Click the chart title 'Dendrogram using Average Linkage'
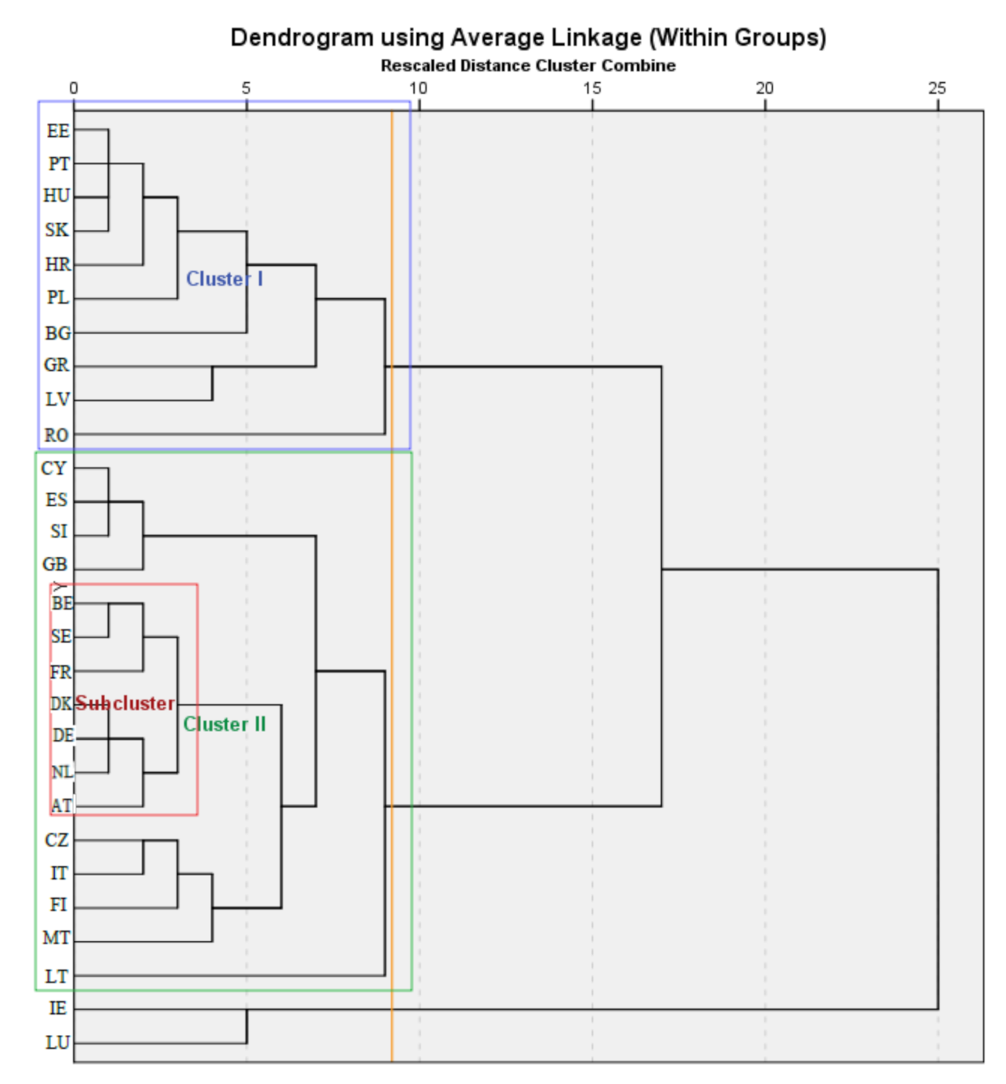[528, 37]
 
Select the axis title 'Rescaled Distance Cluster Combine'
[528, 66]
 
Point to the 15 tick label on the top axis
[592, 88]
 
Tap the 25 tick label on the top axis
[937, 88]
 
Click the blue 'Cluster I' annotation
[224, 279]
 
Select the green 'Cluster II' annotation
[224, 724]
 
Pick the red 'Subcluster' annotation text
[125, 703]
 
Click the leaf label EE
[58, 131]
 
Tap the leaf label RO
[56, 435]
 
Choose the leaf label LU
[58, 1042]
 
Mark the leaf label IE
[58, 1008]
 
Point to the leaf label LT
[56, 977]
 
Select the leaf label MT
[56, 938]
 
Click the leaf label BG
[58, 333]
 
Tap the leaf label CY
[53, 468]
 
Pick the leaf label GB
[55, 564]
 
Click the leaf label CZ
[56, 840]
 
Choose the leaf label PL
[58, 297]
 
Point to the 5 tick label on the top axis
[246, 88]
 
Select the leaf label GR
[56, 365]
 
